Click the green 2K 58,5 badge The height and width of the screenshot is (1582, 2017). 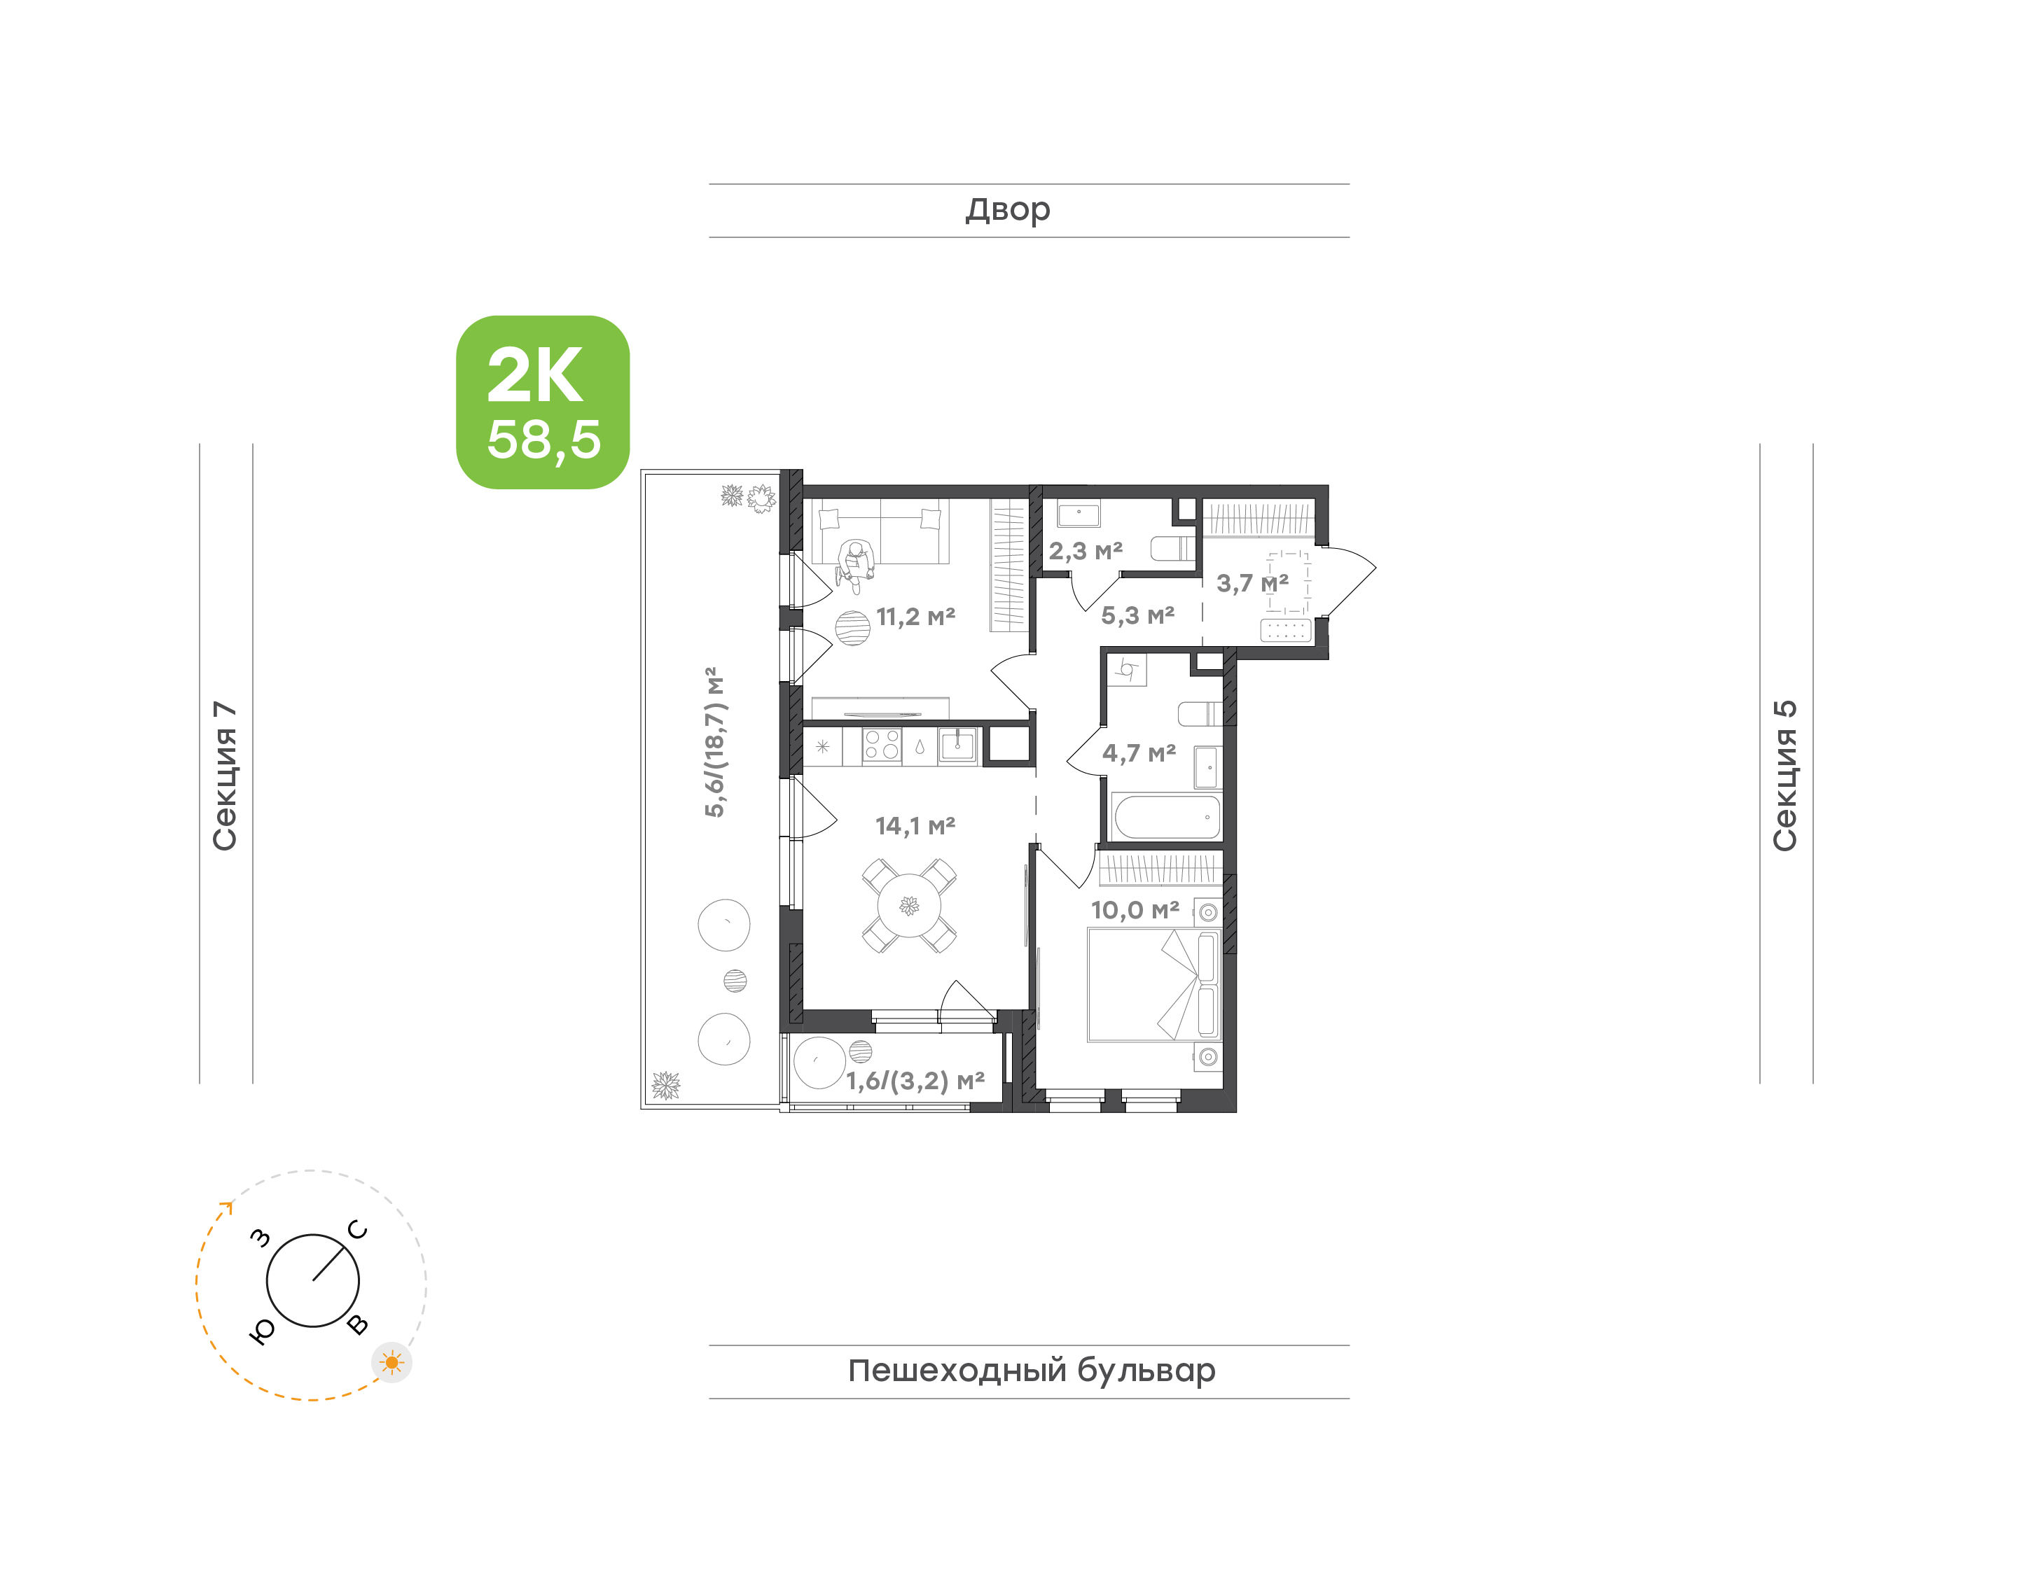coord(542,402)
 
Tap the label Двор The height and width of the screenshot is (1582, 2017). coord(1007,210)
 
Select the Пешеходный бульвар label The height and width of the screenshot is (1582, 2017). coord(1031,1371)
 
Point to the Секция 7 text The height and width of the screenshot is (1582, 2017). coord(225,776)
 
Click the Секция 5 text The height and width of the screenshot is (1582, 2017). coord(1784,776)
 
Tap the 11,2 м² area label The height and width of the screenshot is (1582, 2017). coord(915,617)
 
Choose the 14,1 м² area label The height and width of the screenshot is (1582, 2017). coord(915,825)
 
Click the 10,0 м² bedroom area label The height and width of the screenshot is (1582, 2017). coord(1135,911)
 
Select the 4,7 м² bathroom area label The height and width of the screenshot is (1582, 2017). coord(1139,753)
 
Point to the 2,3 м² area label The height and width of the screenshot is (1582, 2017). coord(1085,551)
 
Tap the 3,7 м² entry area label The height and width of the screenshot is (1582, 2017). coord(1252,584)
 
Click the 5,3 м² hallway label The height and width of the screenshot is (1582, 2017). coord(1138,616)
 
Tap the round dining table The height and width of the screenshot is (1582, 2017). coord(909,906)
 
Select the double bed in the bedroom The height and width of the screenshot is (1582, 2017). coord(1153,985)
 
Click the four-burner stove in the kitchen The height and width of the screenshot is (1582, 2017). coord(881,745)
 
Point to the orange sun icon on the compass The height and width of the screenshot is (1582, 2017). coord(392,1362)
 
